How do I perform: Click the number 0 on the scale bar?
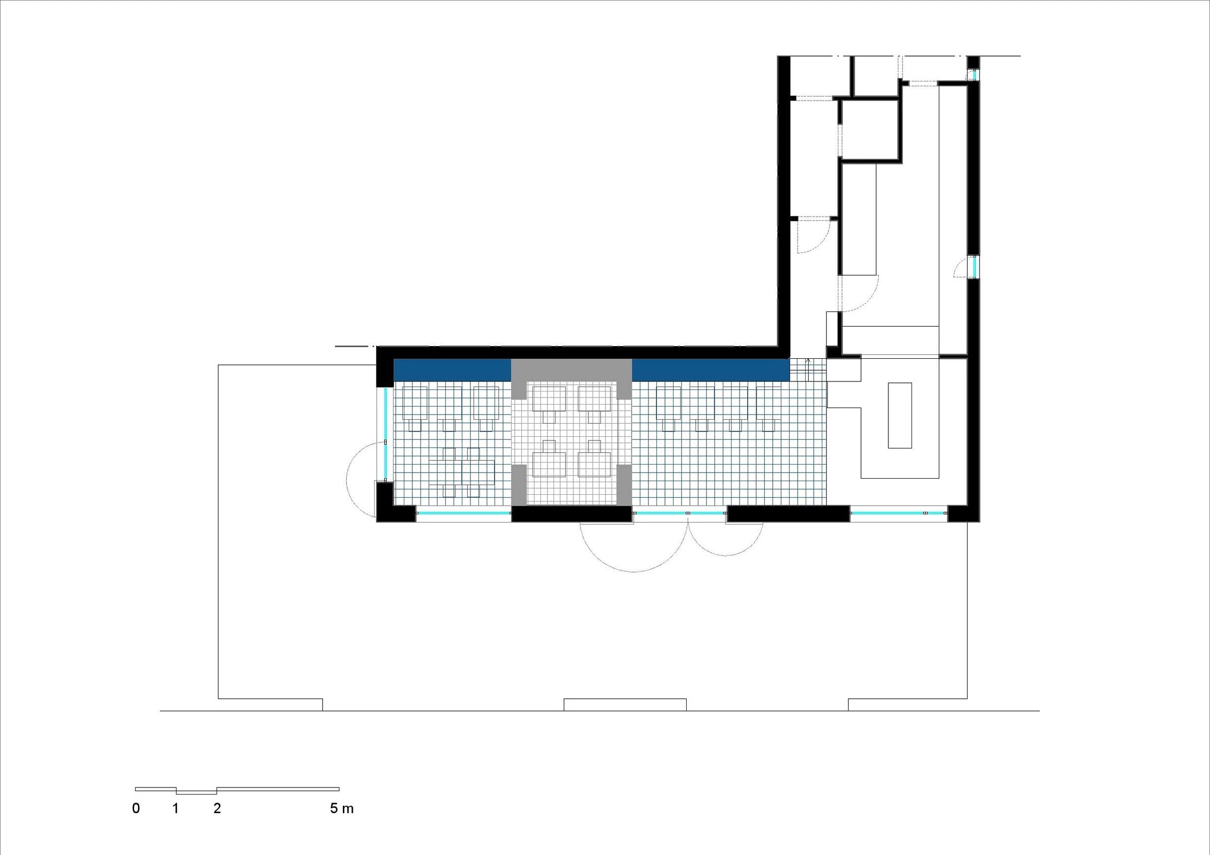[136, 809]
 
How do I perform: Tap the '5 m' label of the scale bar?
[341, 809]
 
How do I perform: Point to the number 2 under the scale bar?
[217, 809]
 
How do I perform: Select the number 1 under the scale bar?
[175, 809]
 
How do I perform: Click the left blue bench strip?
[452, 370]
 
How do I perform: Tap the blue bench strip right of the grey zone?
[710, 370]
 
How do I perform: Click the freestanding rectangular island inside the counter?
[899, 416]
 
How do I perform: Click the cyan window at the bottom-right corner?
[898, 512]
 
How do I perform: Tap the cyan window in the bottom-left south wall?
[463, 512]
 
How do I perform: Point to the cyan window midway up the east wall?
[975, 267]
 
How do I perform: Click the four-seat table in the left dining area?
[462, 472]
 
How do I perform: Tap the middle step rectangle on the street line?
[625, 704]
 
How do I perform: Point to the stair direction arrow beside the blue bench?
[808, 369]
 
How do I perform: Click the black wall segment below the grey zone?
[572, 513]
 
